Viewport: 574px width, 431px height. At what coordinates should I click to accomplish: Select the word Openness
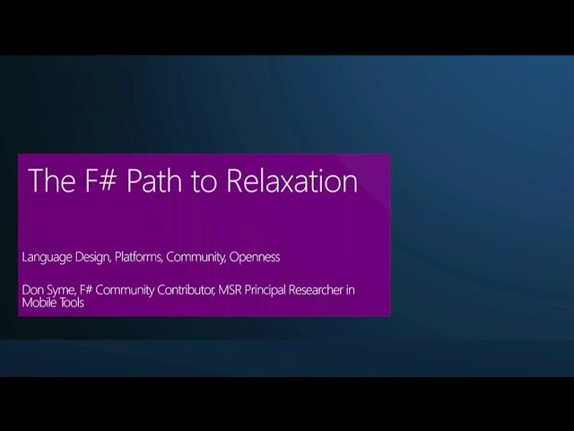pyautogui.click(x=256, y=257)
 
